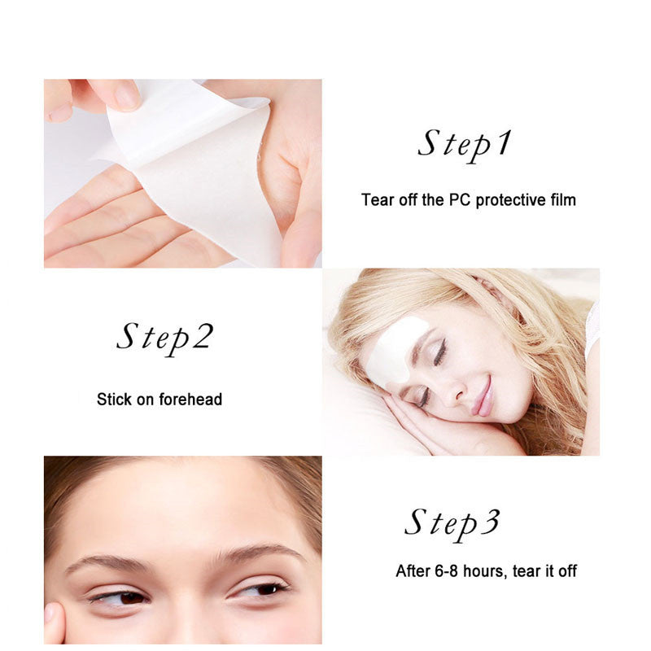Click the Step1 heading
click(x=465, y=144)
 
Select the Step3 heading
click(x=452, y=522)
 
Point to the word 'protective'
click(x=520, y=199)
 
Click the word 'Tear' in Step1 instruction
click(x=377, y=199)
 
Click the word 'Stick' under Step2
click(x=113, y=400)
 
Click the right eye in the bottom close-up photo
click(x=260, y=588)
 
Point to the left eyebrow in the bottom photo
click(x=106, y=563)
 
